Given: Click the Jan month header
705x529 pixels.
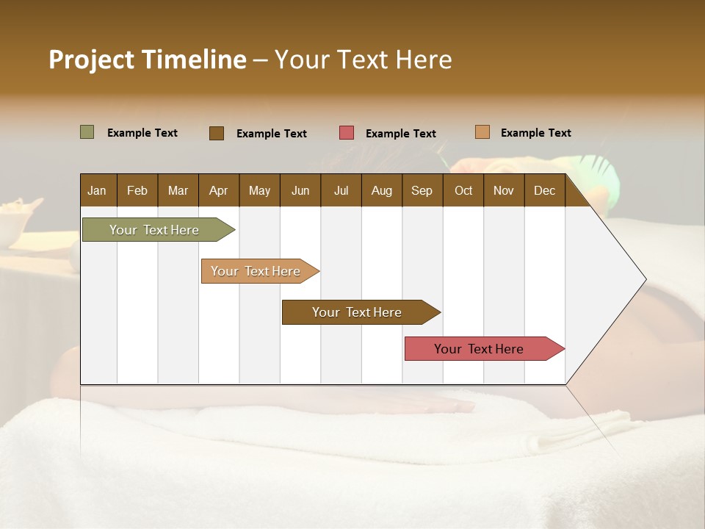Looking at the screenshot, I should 97,190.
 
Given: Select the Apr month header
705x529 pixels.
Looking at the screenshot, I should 218,190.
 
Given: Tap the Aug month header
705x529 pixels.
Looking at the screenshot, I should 381,190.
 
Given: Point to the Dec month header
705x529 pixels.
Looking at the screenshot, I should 544,190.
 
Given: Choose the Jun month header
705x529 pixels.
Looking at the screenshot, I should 300,190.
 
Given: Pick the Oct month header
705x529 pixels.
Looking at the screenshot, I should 463,190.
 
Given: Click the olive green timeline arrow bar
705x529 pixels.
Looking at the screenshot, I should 154,230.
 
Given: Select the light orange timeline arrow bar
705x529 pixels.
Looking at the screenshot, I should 256,271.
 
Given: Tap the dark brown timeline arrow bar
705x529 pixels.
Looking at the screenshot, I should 357,312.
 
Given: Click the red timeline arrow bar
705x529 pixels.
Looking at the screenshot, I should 479,349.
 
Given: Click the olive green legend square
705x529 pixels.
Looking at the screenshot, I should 87,132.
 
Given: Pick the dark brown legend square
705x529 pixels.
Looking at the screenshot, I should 216,133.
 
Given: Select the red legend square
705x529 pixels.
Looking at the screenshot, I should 346,133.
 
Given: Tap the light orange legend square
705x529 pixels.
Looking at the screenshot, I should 482,132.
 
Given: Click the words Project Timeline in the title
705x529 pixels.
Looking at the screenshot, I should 147,60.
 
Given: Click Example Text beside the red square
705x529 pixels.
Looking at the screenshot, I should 400,134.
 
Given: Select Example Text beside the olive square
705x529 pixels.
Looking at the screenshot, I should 142,133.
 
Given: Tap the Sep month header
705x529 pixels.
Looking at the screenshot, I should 422,190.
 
